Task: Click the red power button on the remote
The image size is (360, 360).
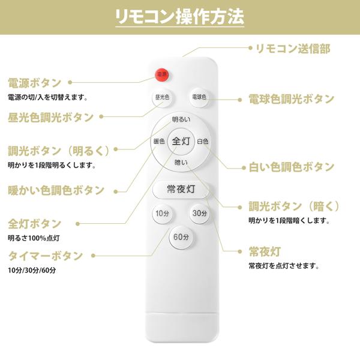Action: click(161, 74)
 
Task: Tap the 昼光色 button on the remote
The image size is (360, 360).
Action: click(162, 97)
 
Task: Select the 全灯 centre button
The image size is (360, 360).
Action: click(181, 142)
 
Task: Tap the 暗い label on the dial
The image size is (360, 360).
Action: click(181, 163)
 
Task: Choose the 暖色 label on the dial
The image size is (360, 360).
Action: click(159, 142)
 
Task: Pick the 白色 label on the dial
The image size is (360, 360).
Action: click(202, 142)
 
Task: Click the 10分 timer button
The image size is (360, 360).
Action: click(162, 214)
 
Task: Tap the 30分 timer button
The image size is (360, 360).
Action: click(199, 213)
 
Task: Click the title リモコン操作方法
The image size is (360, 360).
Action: click(180, 16)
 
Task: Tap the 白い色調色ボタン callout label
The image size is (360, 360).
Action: click(292, 167)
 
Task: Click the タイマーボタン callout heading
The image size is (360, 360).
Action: click(46, 256)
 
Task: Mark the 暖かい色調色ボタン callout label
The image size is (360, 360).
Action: click(56, 190)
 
